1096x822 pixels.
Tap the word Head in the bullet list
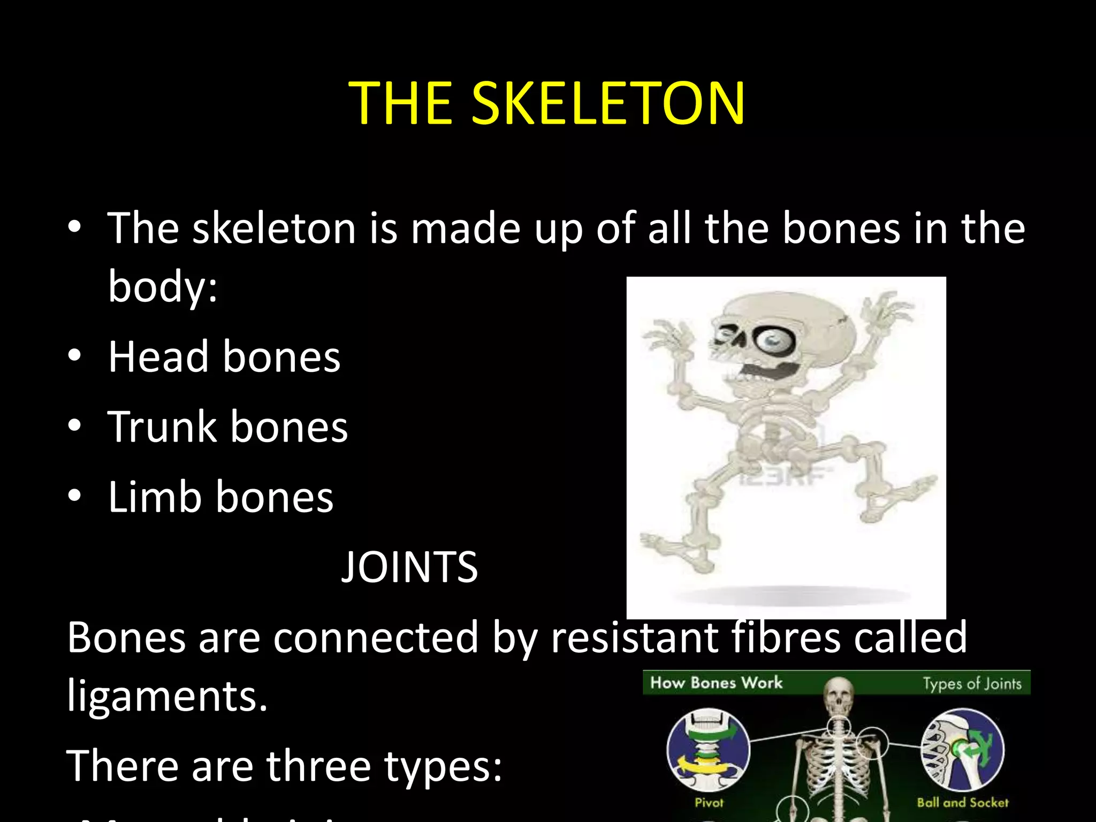coord(158,357)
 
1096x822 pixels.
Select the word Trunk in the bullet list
coord(162,427)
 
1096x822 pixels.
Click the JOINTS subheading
coord(409,567)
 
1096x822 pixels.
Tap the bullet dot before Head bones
coord(74,355)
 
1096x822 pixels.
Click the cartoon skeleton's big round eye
coord(772,339)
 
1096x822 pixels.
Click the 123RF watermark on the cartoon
coord(785,476)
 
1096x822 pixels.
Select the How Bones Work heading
coord(716,683)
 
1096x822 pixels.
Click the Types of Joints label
coord(972,684)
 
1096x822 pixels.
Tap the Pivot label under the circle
coord(709,803)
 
